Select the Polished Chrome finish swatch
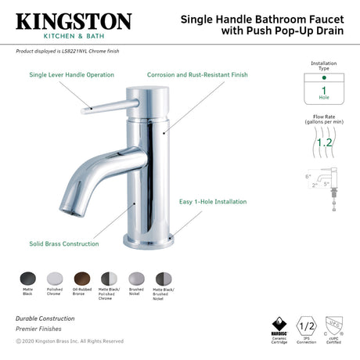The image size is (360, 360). [55, 279]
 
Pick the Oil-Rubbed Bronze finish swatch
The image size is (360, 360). [81, 279]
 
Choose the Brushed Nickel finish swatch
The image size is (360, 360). [136, 279]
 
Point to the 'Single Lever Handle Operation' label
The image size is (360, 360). [71, 75]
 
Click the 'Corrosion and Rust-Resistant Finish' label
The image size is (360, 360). [197, 75]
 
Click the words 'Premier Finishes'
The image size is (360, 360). [39, 329]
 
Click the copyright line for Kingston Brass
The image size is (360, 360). [70, 341]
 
